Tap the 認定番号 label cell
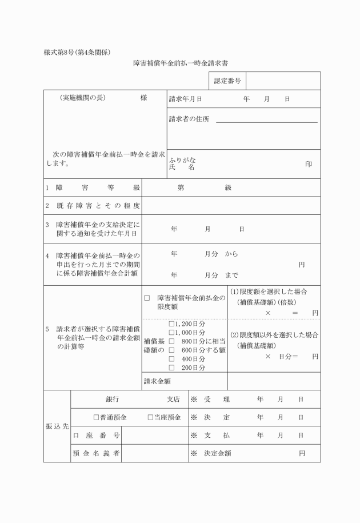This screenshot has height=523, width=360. click(227, 81)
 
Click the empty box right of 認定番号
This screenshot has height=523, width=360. click(283, 81)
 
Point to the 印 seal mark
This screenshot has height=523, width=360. click(309, 164)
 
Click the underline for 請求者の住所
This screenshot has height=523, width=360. click(266, 122)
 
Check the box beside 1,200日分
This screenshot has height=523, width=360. click(171, 324)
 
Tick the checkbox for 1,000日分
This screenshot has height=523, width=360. click(171, 333)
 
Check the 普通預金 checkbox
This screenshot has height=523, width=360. click(96, 417)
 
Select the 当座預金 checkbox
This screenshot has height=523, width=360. click(150, 417)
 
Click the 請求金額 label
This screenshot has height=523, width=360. click(158, 381)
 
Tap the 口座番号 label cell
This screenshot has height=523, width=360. click(96, 436)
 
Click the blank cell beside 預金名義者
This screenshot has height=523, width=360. click(155, 453)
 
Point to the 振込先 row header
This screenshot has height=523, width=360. click(57, 426)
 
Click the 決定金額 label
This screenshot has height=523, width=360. click(218, 453)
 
